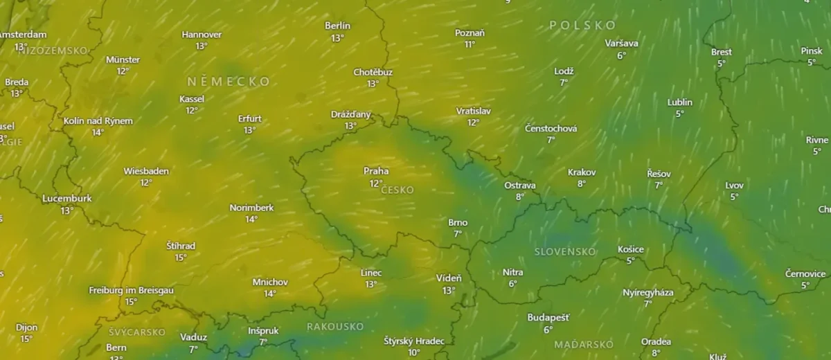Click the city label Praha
point(376,171)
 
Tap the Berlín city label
point(337,26)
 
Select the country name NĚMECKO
point(228,82)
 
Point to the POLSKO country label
point(582,26)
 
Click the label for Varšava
point(621,44)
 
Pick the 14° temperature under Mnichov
point(270,294)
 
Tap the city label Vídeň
point(449,278)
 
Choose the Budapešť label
point(548,318)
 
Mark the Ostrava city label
point(519,186)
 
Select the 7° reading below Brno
point(458,234)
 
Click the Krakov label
point(582,172)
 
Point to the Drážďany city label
point(350,114)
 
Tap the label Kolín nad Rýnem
point(98,120)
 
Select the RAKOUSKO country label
point(335,326)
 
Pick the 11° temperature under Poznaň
point(470,44)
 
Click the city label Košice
point(630,249)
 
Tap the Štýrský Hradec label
point(413,341)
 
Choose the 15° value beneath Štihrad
point(181,258)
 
